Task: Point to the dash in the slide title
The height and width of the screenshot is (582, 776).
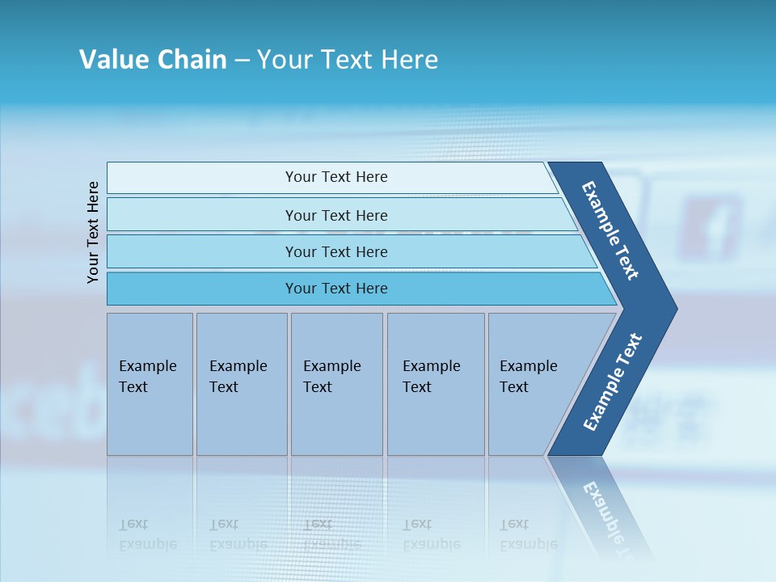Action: pos(242,61)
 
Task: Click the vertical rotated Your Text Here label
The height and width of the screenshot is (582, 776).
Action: pos(93,232)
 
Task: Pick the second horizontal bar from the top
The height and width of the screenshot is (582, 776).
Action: pos(336,215)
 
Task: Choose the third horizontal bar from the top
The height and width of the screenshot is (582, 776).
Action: pos(336,251)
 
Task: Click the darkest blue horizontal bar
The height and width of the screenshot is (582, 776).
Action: pos(336,289)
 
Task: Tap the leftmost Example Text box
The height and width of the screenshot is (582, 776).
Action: pos(150,384)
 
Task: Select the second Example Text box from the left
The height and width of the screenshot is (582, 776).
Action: pos(241,384)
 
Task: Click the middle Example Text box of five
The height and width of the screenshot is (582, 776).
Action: pos(336,384)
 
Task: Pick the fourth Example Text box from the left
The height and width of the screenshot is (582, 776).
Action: pos(435,384)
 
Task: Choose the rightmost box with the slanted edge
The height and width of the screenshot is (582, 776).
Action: pos(533,384)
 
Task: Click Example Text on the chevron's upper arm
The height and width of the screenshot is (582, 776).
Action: pos(610,230)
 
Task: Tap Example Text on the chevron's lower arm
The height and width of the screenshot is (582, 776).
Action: pos(612,382)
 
